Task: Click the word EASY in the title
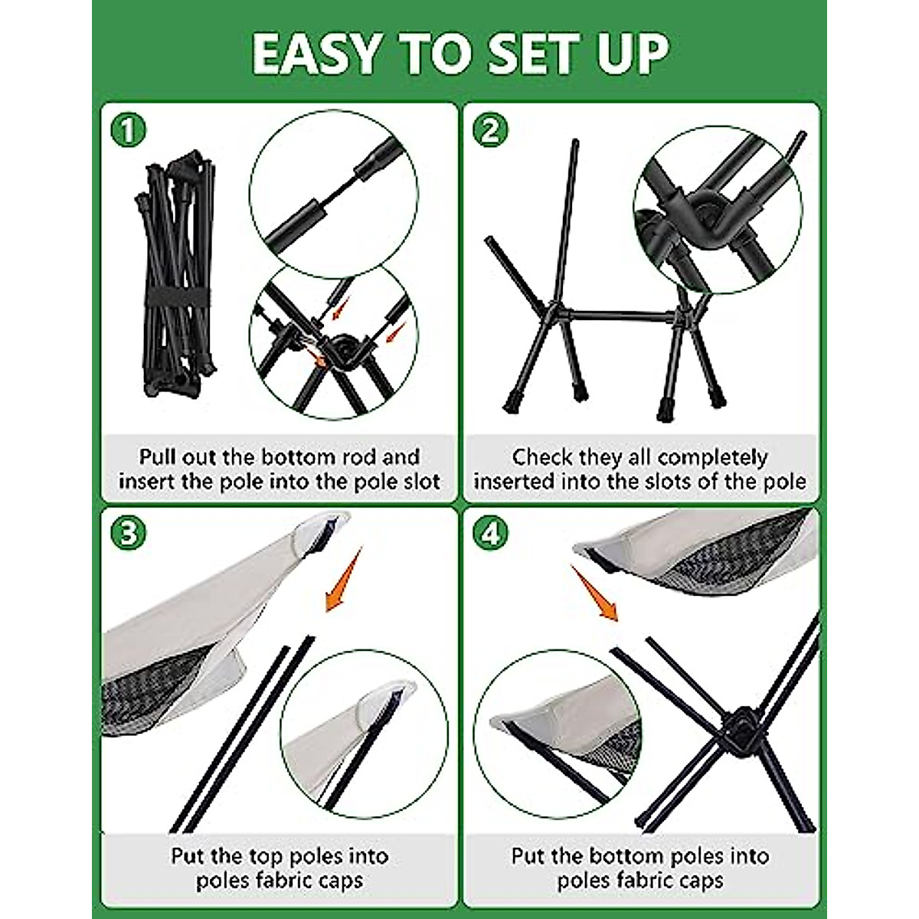pos(315,54)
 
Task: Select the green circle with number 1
pos(127,129)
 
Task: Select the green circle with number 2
pos(490,129)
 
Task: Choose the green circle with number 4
pos(490,534)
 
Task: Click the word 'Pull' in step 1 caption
pos(158,457)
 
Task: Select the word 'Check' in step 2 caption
pos(542,457)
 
